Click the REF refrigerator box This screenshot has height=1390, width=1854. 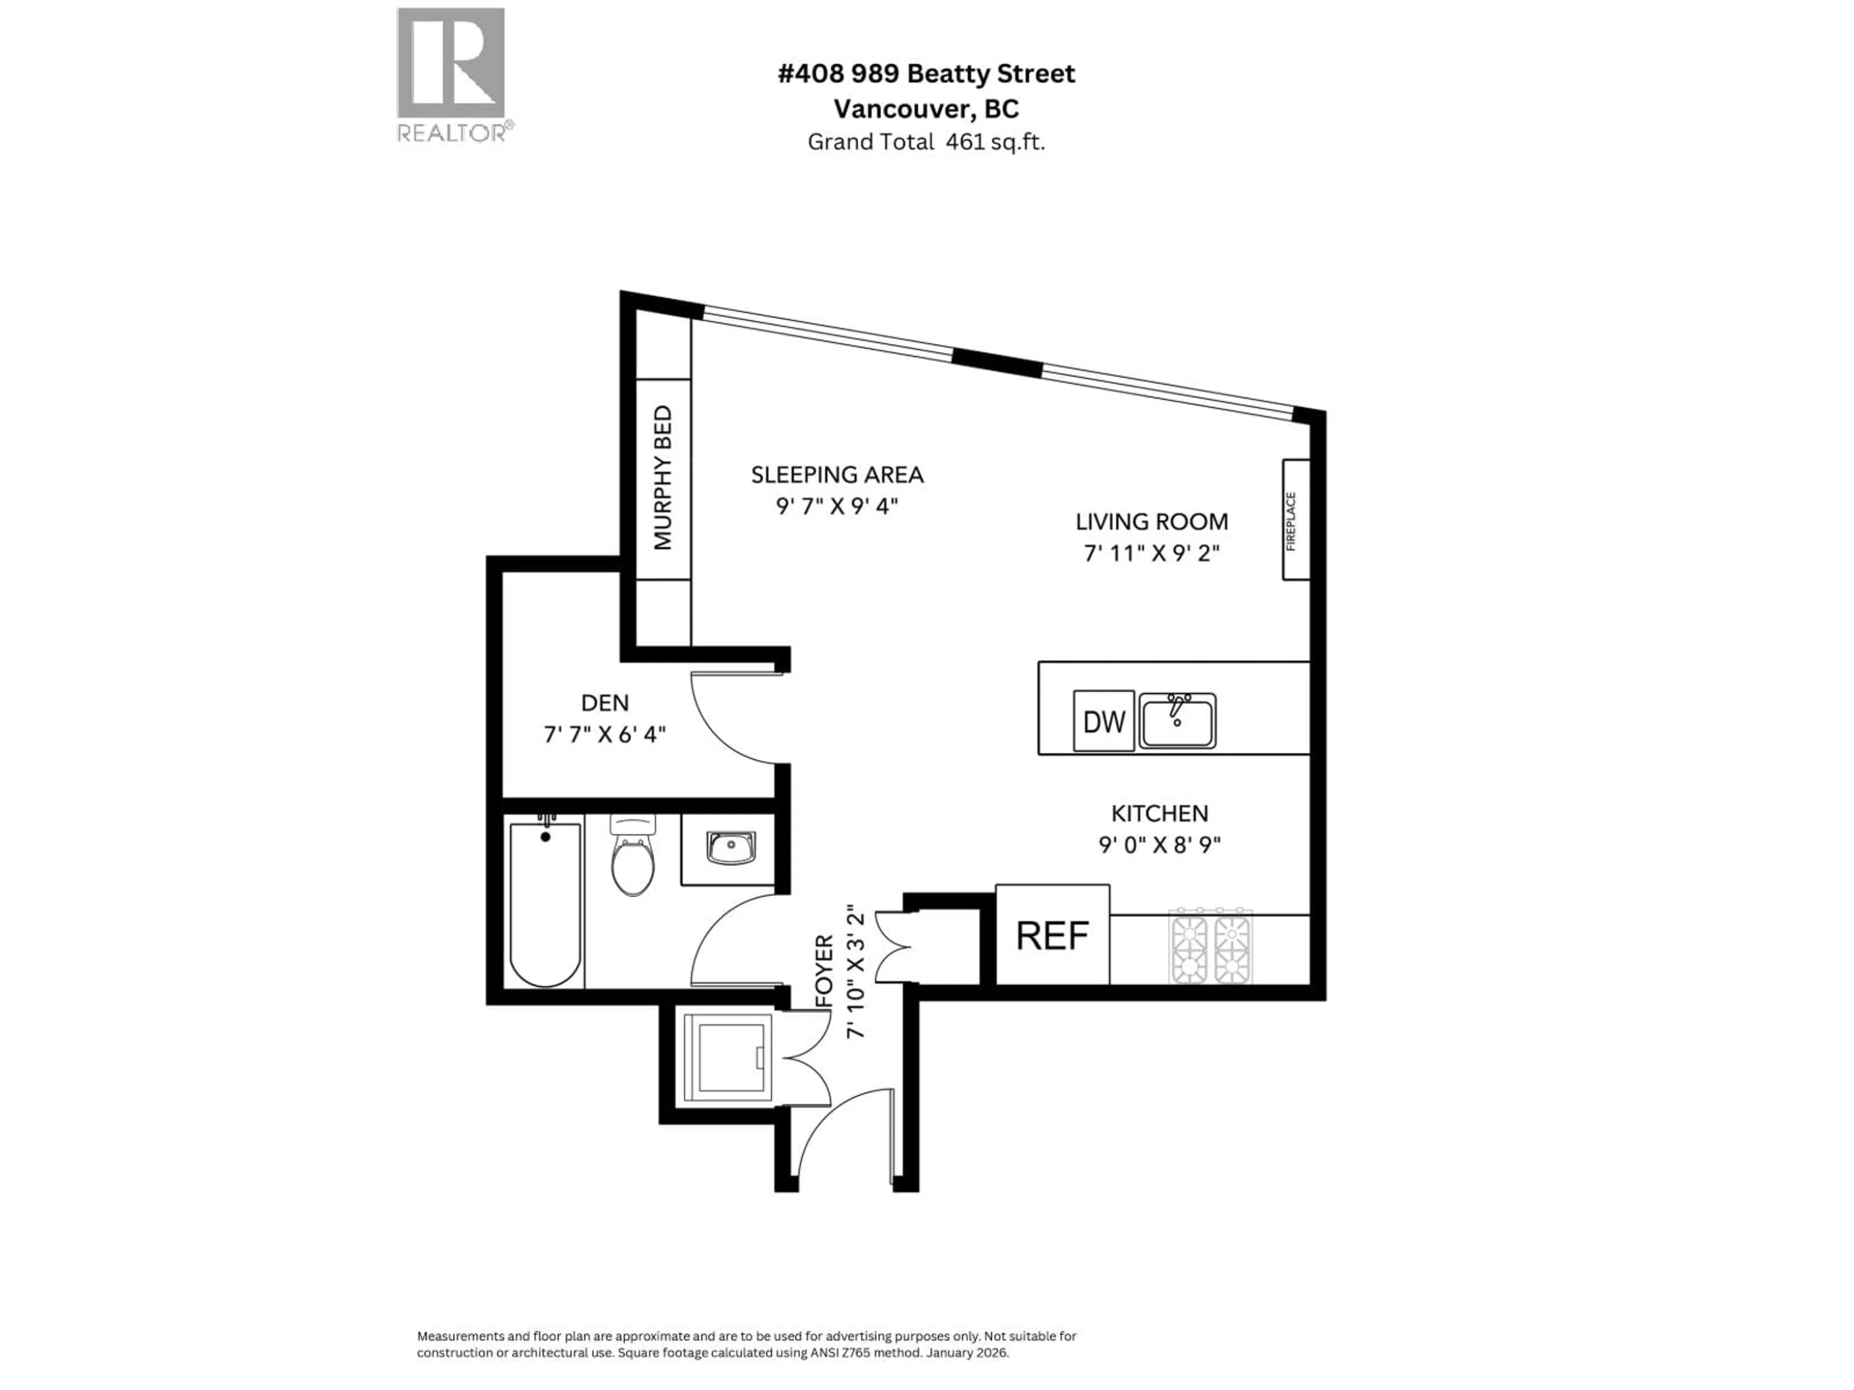(x=1052, y=935)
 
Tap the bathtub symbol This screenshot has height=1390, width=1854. (x=545, y=905)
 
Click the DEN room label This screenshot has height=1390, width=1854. (x=604, y=702)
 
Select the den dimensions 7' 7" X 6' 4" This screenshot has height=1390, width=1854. (x=604, y=735)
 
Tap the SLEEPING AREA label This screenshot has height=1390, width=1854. (x=837, y=475)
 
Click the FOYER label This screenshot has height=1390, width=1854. (x=825, y=972)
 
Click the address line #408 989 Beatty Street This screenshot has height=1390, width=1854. (x=926, y=74)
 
